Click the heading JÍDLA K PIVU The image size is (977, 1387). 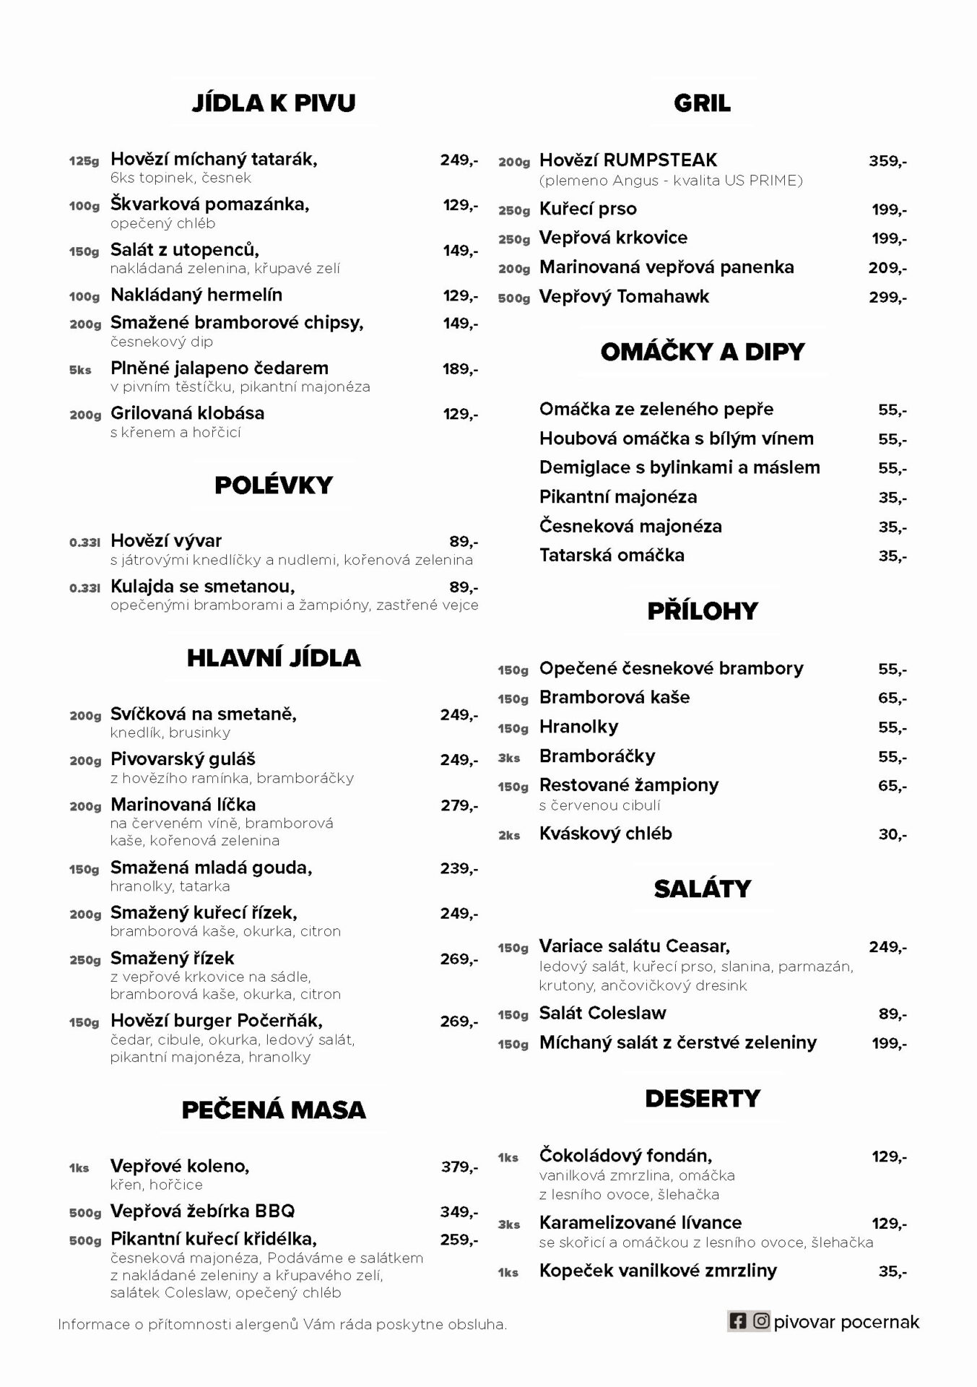[x=274, y=103]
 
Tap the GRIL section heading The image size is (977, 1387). [x=702, y=103]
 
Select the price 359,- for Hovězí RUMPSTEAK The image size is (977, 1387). [x=887, y=161]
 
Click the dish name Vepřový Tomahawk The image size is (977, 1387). [x=624, y=297]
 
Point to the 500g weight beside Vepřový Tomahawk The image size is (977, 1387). [x=513, y=298]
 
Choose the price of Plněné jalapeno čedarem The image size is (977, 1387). [x=460, y=369]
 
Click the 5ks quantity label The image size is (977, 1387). [x=80, y=370]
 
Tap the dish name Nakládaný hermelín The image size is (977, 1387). [x=196, y=295]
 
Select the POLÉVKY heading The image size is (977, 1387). [x=274, y=485]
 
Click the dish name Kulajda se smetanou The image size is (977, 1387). [x=202, y=586]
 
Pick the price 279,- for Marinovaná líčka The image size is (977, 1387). [x=459, y=805]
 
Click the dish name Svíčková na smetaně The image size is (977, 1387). [x=204, y=714]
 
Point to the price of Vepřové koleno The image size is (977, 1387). [x=459, y=1167]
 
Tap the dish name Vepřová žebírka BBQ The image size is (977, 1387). [x=202, y=1211]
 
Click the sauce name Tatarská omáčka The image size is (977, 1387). [x=612, y=556]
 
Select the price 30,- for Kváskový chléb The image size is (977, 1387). [x=893, y=834]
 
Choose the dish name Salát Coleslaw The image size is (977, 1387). [x=602, y=1014]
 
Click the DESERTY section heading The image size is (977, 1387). [x=702, y=1099]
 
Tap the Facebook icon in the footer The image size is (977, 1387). [x=737, y=1321]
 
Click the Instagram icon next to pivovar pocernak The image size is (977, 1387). [x=761, y=1321]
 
